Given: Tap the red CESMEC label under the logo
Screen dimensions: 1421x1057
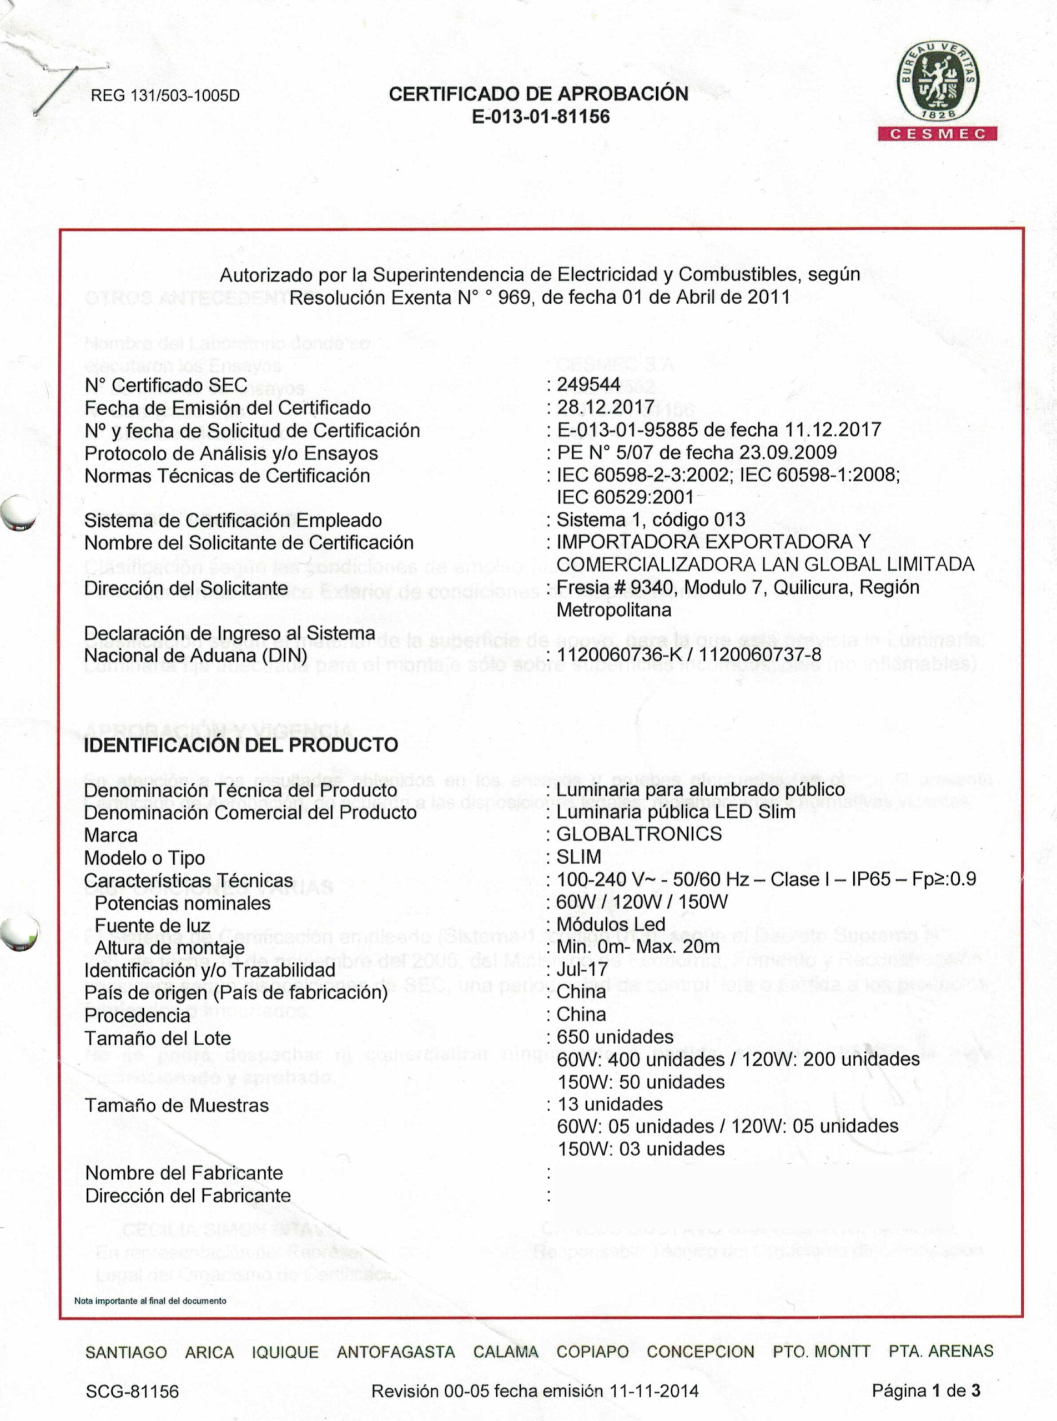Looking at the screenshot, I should [939, 134].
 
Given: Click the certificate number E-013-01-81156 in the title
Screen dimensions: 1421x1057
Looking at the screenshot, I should [540, 117].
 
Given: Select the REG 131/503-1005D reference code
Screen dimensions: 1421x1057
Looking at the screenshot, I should [165, 96].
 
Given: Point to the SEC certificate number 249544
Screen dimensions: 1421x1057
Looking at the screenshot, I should [588, 385].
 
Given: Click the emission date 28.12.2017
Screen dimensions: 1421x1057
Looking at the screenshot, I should [605, 407].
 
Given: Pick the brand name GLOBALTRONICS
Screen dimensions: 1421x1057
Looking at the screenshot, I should [638, 834].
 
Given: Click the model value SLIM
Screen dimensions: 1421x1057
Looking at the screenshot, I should [578, 856].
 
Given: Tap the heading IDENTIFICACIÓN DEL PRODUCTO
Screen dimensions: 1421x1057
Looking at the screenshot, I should [240, 745].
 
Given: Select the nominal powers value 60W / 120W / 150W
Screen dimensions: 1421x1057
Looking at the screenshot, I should [642, 902].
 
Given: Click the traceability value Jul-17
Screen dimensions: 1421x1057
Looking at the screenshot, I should [582, 969].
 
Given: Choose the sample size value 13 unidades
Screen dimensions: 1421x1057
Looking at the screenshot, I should [610, 1104].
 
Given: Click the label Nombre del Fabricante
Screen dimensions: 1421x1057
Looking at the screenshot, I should [184, 1173].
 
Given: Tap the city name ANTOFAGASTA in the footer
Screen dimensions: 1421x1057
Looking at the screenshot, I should [395, 1352].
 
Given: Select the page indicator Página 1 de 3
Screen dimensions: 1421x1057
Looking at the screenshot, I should [925, 1390].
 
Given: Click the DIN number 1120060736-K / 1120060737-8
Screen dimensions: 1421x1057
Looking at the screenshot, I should [688, 655].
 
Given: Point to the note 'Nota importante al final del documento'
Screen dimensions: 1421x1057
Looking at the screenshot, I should [150, 1301].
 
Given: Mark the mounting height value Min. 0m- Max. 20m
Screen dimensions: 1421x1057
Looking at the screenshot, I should [638, 947].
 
